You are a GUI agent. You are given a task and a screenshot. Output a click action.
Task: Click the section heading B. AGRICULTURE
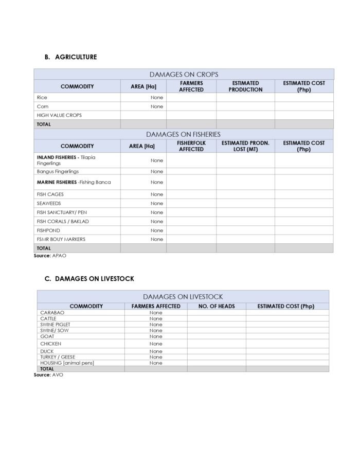click(70, 57)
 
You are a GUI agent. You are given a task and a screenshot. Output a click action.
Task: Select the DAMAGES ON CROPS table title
click(184, 75)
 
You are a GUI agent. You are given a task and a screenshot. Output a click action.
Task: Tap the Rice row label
click(42, 97)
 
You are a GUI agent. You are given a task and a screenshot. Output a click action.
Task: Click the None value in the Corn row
click(156, 106)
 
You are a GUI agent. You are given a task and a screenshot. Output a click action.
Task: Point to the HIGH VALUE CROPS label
click(59, 115)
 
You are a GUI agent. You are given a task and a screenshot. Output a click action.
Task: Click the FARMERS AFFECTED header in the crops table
click(191, 86)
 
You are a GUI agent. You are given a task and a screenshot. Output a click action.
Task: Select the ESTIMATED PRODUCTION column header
click(245, 86)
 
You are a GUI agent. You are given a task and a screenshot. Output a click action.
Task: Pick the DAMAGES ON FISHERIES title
click(183, 134)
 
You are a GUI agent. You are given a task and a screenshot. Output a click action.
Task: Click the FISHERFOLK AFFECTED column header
click(191, 146)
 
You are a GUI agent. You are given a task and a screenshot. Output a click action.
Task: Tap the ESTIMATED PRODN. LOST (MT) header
click(245, 146)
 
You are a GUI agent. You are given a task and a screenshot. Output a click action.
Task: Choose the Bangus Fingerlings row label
click(58, 171)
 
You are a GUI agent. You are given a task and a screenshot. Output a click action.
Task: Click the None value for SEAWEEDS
click(156, 203)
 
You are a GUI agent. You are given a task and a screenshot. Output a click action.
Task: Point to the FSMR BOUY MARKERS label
click(61, 239)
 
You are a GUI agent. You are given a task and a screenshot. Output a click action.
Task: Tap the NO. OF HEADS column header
click(217, 306)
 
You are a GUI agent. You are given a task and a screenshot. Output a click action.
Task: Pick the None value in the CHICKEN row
click(156, 344)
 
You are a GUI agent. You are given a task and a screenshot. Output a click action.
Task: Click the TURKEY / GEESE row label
click(58, 357)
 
